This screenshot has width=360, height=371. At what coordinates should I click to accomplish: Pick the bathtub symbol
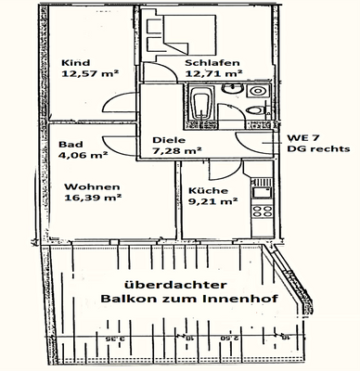click(x=199, y=107)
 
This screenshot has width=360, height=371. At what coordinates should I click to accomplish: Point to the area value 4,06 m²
click(x=83, y=158)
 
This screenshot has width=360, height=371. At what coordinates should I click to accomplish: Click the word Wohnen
click(x=84, y=185)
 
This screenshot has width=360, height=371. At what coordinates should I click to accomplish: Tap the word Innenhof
click(x=228, y=299)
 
